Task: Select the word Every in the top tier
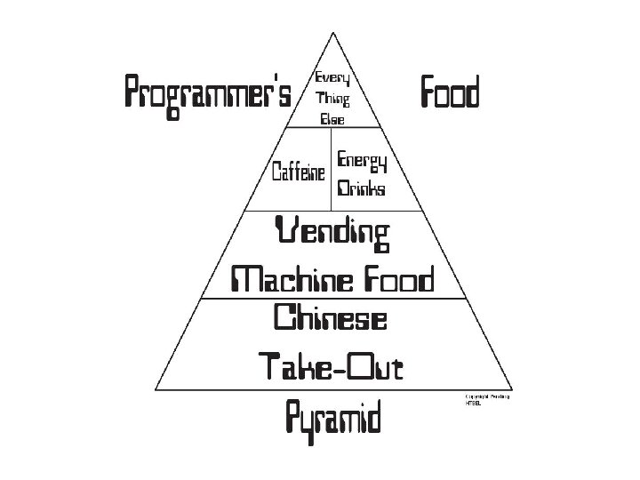pyautogui.click(x=332, y=80)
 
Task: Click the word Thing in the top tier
pyautogui.click(x=332, y=100)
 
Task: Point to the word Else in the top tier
pyautogui.click(x=332, y=118)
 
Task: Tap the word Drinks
pyautogui.click(x=361, y=189)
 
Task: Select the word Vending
pyautogui.click(x=333, y=235)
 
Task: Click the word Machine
pyautogui.click(x=284, y=281)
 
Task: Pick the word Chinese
pyautogui.click(x=330, y=318)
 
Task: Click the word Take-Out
pyautogui.click(x=331, y=365)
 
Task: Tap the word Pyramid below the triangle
pyautogui.click(x=333, y=416)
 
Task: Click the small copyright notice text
pyautogui.click(x=486, y=399)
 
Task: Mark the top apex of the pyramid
pyautogui.click(x=332, y=33)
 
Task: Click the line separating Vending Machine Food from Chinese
pyautogui.click(x=332, y=299)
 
